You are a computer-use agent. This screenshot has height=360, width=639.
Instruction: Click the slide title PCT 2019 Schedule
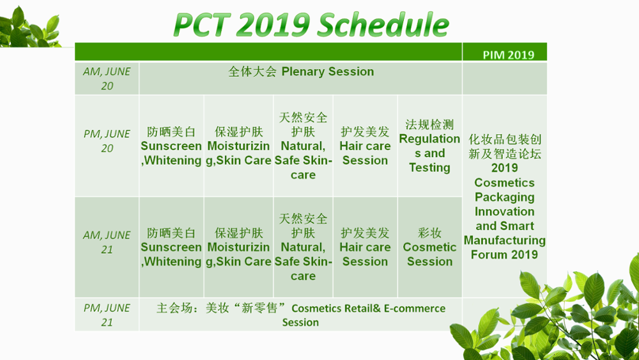311,24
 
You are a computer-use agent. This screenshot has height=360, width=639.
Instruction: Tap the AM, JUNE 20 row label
107,79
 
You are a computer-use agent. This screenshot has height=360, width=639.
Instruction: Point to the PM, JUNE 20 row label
107,141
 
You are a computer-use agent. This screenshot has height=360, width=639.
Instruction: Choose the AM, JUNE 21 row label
107,242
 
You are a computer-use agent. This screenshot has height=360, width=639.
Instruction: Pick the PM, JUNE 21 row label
107,315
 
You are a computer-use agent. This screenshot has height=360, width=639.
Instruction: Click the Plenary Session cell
301,72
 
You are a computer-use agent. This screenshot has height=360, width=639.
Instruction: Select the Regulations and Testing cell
429,146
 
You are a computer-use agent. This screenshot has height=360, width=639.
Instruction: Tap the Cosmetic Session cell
429,247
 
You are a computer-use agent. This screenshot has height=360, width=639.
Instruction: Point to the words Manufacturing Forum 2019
505,247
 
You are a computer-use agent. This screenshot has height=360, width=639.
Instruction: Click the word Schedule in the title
383,24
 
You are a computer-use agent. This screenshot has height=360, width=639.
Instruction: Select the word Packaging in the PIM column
505,198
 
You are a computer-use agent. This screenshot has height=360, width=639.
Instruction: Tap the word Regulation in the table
429,139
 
